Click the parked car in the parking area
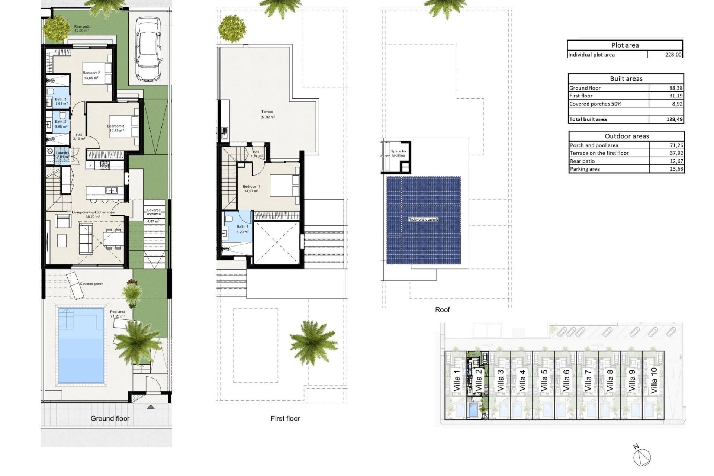pyautogui.click(x=148, y=49)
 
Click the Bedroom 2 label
pyautogui.click(x=91, y=73)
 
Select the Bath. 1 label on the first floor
pyautogui.click(x=242, y=226)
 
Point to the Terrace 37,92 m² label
pyautogui.click(x=267, y=114)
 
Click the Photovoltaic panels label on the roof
pyautogui.click(x=423, y=219)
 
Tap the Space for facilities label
pyautogui.click(x=399, y=153)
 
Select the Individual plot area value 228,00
pyautogui.click(x=673, y=55)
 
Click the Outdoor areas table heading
pyautogui.click(x=627, y=136)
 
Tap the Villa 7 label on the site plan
pyautogui.click(x=588, y=380)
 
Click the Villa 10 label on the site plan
pyautogui.click(x=654, y=380)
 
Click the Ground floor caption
pyautogui.click(x=110, y=418)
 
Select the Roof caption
pyautogui.click(x=442, y=310)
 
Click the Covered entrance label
pyautogui.click(x=154, y=212)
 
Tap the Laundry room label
pyautogui.click(x=62, y=153)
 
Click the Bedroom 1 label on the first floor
pyautogui.click(x=251, y=187)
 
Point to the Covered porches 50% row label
pyautogui.click(x=595, y=104)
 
